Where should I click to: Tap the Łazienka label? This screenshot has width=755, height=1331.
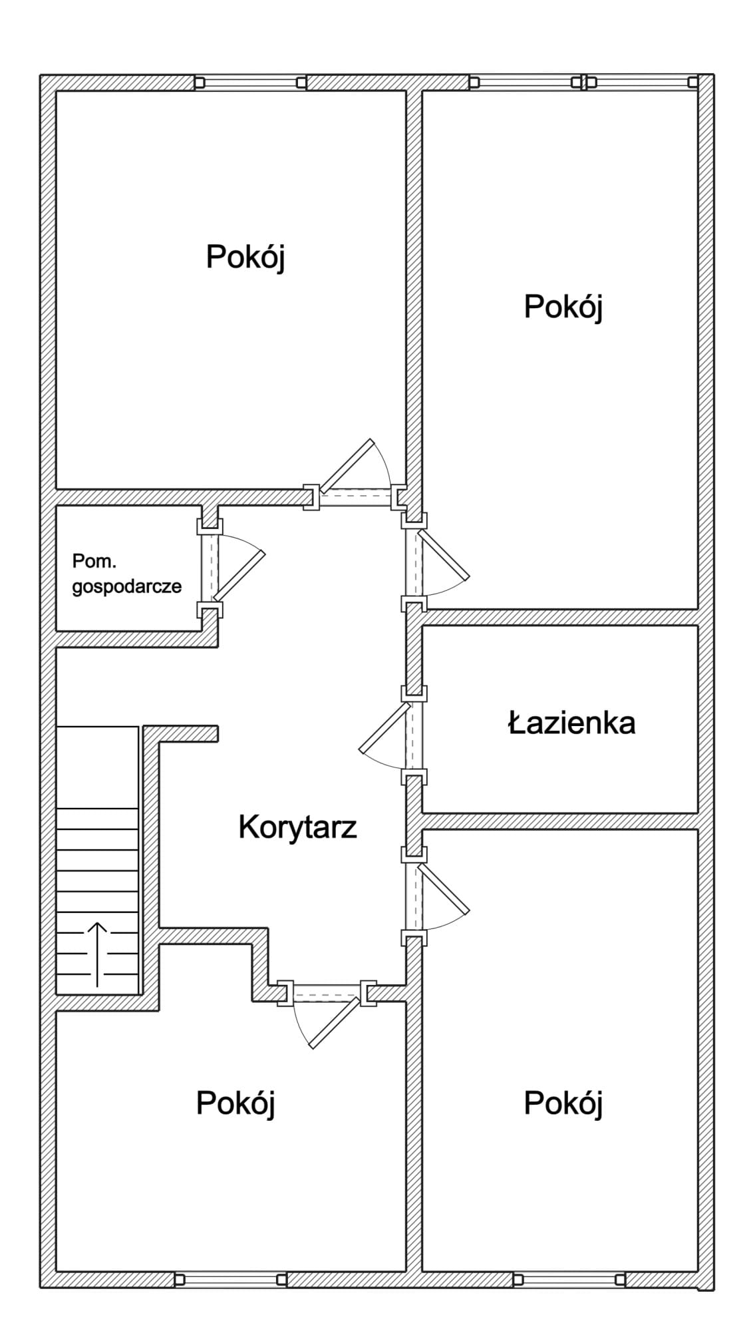[x=571, y=723]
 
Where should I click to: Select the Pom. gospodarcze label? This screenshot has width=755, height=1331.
[x=126, y=574]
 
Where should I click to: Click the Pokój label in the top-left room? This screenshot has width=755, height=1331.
[x=245, y=258]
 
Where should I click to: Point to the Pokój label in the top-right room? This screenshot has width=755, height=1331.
[x=563, y=308]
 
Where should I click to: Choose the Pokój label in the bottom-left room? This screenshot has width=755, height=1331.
[x=235, y=1104]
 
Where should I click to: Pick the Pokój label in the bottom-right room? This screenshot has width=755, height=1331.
[x=563, y=1104]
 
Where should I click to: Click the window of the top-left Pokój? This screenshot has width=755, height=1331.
[x=250, y=83]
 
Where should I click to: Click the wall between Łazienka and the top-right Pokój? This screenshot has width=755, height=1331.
[x=560, y=617]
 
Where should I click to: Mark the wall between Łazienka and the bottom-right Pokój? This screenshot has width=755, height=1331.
[x=560, y=821]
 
